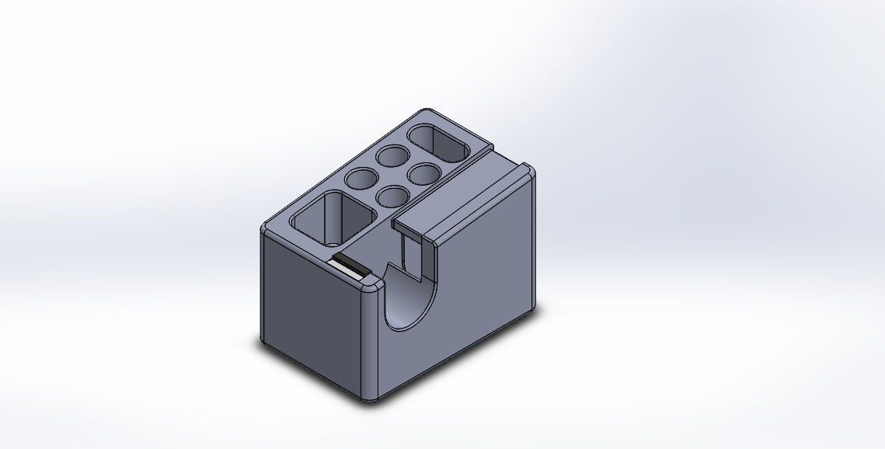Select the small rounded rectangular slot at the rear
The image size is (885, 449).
click(x=440, y=143)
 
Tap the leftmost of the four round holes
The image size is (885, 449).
click(x=360, y=179)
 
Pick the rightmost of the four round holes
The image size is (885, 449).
click(x=425, y=172)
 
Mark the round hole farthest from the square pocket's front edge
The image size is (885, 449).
click(x=392, y=155)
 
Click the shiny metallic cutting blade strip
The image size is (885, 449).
click(x=347, y=266)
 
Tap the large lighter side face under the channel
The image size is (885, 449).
click(x=482, y=280)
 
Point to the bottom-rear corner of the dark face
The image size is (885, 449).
click(x=263, y=343)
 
